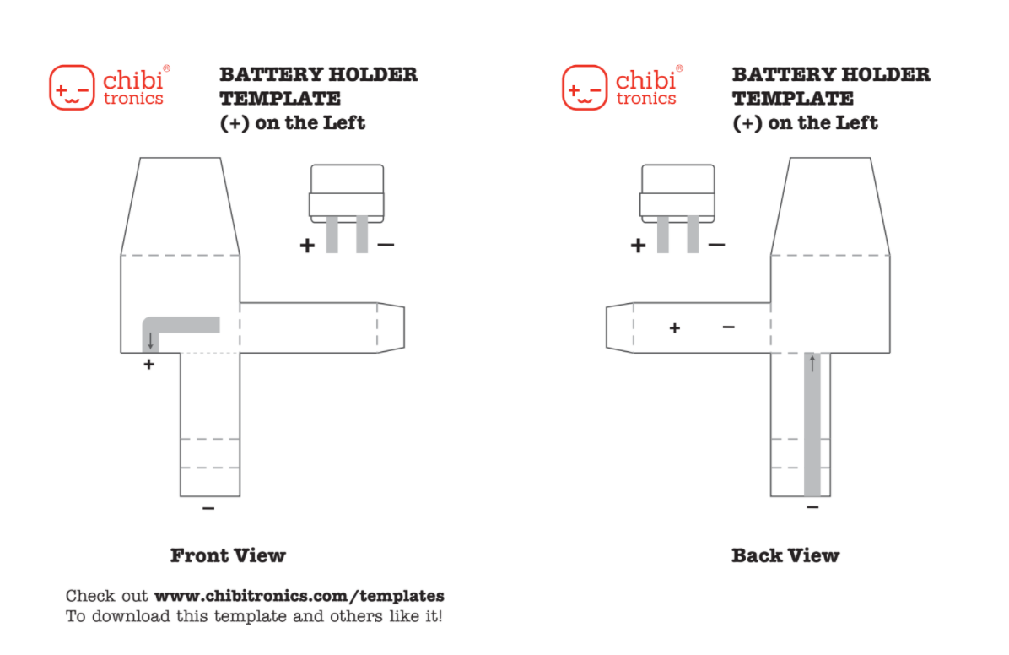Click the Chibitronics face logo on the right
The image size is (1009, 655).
tap(584, 87)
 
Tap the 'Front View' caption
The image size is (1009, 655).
tap(228, 555)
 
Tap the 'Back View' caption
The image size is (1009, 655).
tap(785, 555)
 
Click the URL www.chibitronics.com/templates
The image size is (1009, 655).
tap(299, 596)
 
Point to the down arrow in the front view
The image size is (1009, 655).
tap(151, 341)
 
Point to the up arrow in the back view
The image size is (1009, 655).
tap(812, 364)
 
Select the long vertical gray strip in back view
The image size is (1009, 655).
tap(812, 430)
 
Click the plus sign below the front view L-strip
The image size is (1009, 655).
tap(149, 365)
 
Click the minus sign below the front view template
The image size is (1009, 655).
tap(208, 508)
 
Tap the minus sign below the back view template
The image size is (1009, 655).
tap(812, 507)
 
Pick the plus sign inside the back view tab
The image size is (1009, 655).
tap(674, 327)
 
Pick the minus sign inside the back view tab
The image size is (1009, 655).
tap(728, 327)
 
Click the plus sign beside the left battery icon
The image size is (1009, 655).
tap(307, 246)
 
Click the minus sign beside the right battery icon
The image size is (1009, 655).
tap(716, 245)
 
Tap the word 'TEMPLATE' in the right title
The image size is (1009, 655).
tap(793, 99)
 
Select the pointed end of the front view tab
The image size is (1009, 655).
tap(391, 327)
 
